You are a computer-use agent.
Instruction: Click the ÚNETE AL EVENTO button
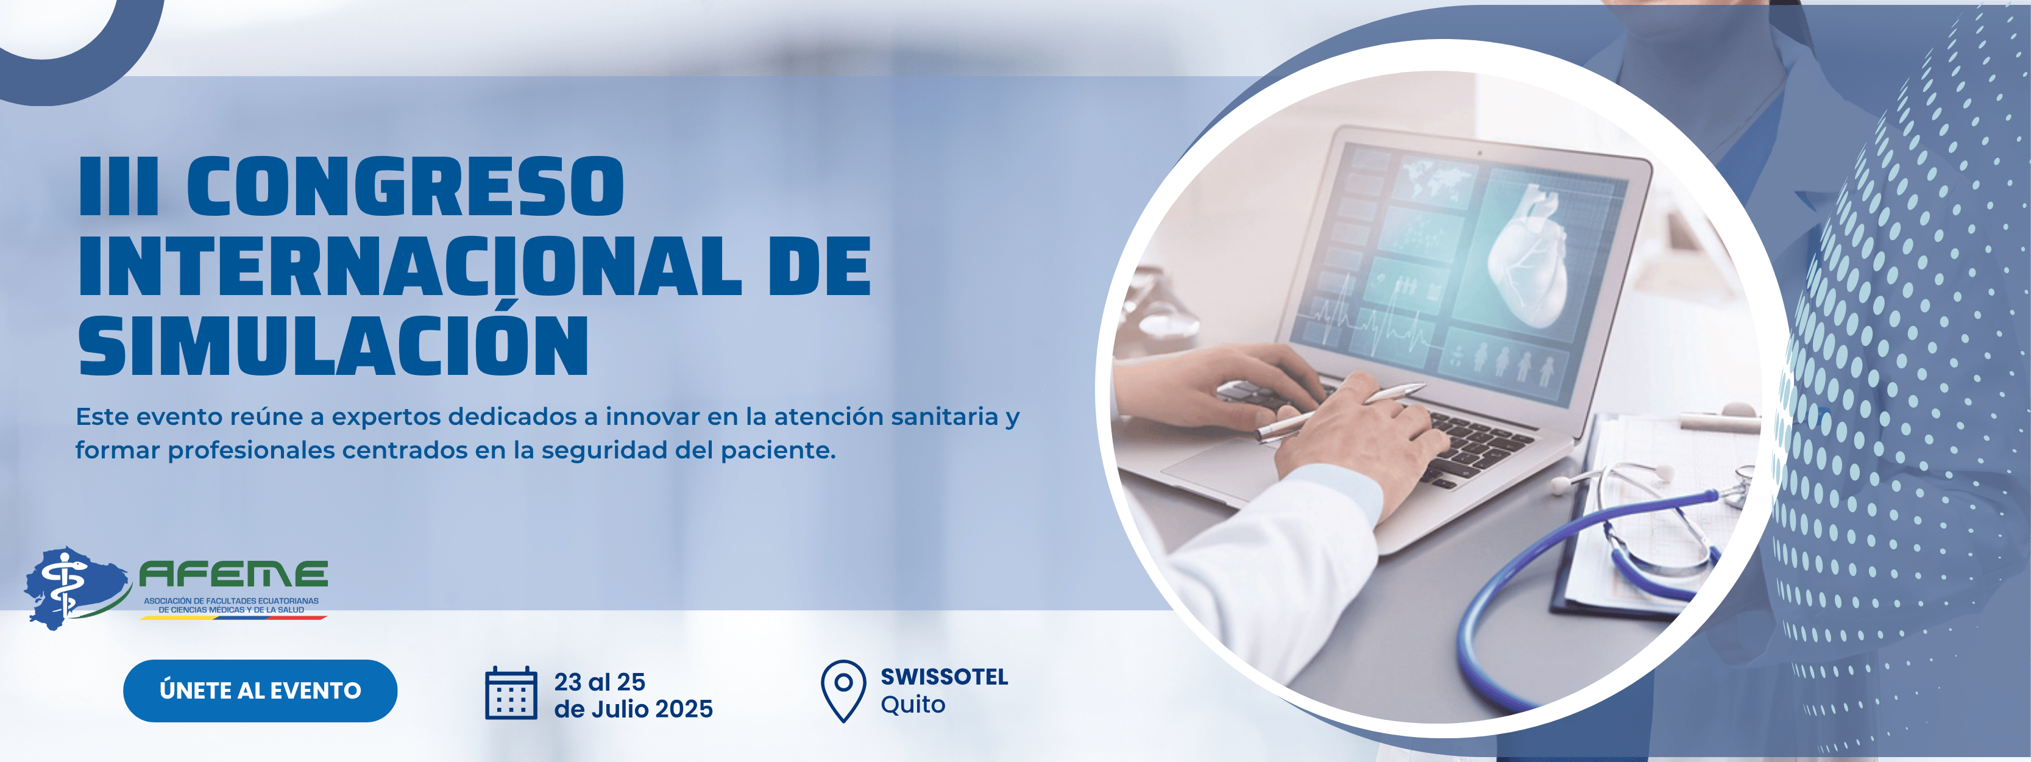(x=260, y=691)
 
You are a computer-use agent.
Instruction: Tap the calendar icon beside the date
(x=511, y=693)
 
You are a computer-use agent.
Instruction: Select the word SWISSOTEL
(x=944, y=677)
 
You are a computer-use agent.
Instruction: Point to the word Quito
(x=912, y=705)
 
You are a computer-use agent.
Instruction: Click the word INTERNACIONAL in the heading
(x=410, y=266)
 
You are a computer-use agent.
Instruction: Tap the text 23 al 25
(x=599, y=682)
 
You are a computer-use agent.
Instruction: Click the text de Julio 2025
(x=633, y=709)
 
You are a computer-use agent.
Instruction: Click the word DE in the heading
(x=820, y=266)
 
